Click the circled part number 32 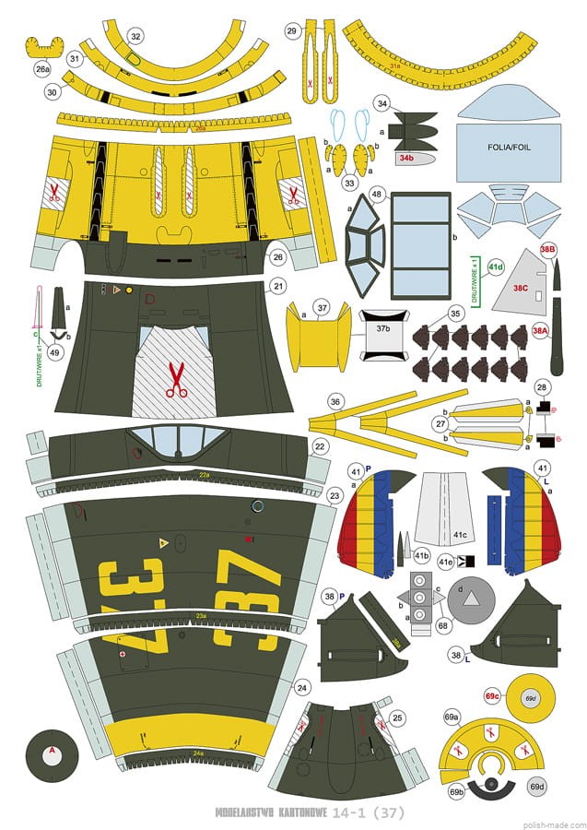coord(135,36)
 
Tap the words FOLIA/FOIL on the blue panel coord(510,147)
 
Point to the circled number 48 coord(377,195)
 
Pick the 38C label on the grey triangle coord(521,288)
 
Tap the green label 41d coord(496,267)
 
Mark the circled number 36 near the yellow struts coord(335,401)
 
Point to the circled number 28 coord(543,387)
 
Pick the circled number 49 coord(55,350)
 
